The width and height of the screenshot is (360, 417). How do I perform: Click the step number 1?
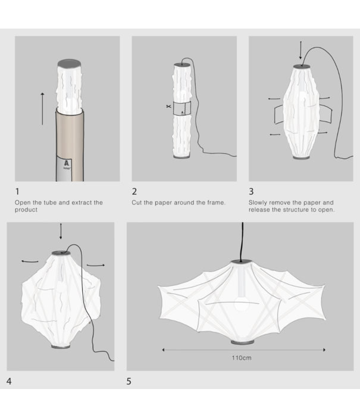[x=17, y=192]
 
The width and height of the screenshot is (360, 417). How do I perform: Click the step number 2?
[x=134, y=192]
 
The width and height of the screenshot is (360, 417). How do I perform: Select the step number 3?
[x=251, y=192]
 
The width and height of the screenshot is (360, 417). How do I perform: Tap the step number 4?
[x=10, y=380]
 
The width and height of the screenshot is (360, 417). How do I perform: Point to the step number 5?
[x=129, y=380]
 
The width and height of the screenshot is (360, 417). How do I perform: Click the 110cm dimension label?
[x=242, y=359]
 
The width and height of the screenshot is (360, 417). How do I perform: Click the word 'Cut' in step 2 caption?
[x=137, y=203]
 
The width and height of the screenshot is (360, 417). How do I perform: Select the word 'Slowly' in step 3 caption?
[x=259, y=203]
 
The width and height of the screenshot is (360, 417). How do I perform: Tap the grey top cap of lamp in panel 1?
[x=69, y=63]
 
